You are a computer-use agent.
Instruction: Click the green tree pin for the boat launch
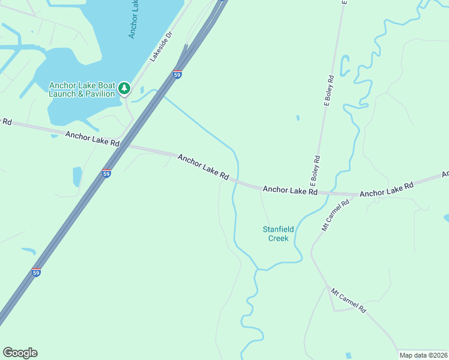[124, 89]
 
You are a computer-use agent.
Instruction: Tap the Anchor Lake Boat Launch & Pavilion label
[82, 89]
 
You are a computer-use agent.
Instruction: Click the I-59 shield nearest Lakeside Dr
[177, 74]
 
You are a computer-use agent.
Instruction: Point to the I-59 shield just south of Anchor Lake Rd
[106, 173]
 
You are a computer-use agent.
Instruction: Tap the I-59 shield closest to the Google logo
[36, 272]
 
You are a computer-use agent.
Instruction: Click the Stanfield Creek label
[276, 233]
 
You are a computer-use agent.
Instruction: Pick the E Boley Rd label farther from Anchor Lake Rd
[329, 91]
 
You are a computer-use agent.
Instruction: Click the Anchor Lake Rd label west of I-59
[92, 140]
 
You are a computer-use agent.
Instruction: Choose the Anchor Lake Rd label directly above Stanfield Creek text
[290, 191]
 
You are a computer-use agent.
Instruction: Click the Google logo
[20, 353]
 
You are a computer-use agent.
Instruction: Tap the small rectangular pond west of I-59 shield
[77, 176]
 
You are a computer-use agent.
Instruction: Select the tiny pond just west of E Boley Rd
[298, 118]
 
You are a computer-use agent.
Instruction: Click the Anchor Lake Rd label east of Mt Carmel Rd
[387, 190]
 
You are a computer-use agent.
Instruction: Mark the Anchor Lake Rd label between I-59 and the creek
[203, 167]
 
